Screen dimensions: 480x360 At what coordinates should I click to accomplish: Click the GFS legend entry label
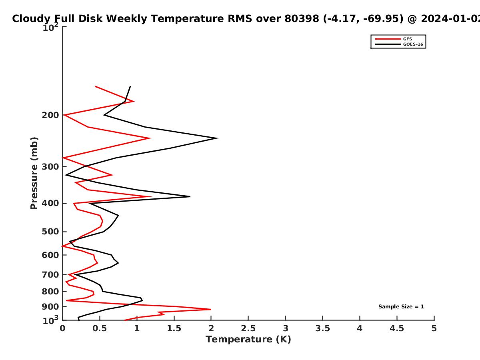(x=407, y=39)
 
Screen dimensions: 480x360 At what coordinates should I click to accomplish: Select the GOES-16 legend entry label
(x=413, y=44)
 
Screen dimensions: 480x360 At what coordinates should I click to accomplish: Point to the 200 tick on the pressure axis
(x=50, y=115)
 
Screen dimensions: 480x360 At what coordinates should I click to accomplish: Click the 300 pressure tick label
(x=50, y=166)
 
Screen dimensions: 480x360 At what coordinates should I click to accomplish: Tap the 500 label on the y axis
(x=50, y=232)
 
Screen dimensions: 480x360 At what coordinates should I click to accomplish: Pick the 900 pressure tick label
(x=50, y=307)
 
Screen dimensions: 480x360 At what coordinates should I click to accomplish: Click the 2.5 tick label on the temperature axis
(x=248, y=328)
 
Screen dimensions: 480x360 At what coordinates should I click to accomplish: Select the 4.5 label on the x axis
(x=397, y=328)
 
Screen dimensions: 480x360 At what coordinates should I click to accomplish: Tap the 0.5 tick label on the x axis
(x=100, y=328)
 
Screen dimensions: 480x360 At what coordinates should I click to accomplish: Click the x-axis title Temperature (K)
(x=248, y=340)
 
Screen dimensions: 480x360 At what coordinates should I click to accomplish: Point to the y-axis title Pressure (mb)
(x=34, y=173)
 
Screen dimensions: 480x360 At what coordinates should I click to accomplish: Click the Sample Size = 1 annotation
(x=401, y=307)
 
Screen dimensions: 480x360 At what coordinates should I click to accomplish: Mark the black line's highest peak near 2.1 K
(x=218, y=138)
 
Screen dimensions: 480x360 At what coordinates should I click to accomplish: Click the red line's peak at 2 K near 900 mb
(x=211, y=309)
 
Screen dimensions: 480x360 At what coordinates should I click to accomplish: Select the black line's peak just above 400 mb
(x=190, y=196)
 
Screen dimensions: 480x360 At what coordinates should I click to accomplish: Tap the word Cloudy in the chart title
(x=31, y=19)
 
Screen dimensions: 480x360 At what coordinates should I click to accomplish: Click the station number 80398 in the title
(x=302, y=18)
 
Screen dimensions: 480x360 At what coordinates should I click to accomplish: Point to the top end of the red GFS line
(x=96, y=86)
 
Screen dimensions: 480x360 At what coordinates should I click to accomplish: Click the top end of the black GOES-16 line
(x=130, y=86)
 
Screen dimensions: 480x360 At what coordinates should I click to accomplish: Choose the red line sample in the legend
(x=388, y=39)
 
